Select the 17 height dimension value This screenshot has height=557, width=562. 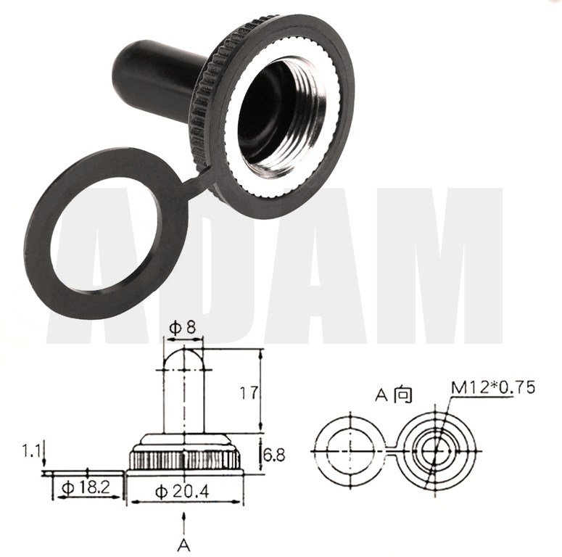point(249,393)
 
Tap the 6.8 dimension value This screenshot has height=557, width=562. point(273,455)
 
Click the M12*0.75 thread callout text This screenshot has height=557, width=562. point(493,387)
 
